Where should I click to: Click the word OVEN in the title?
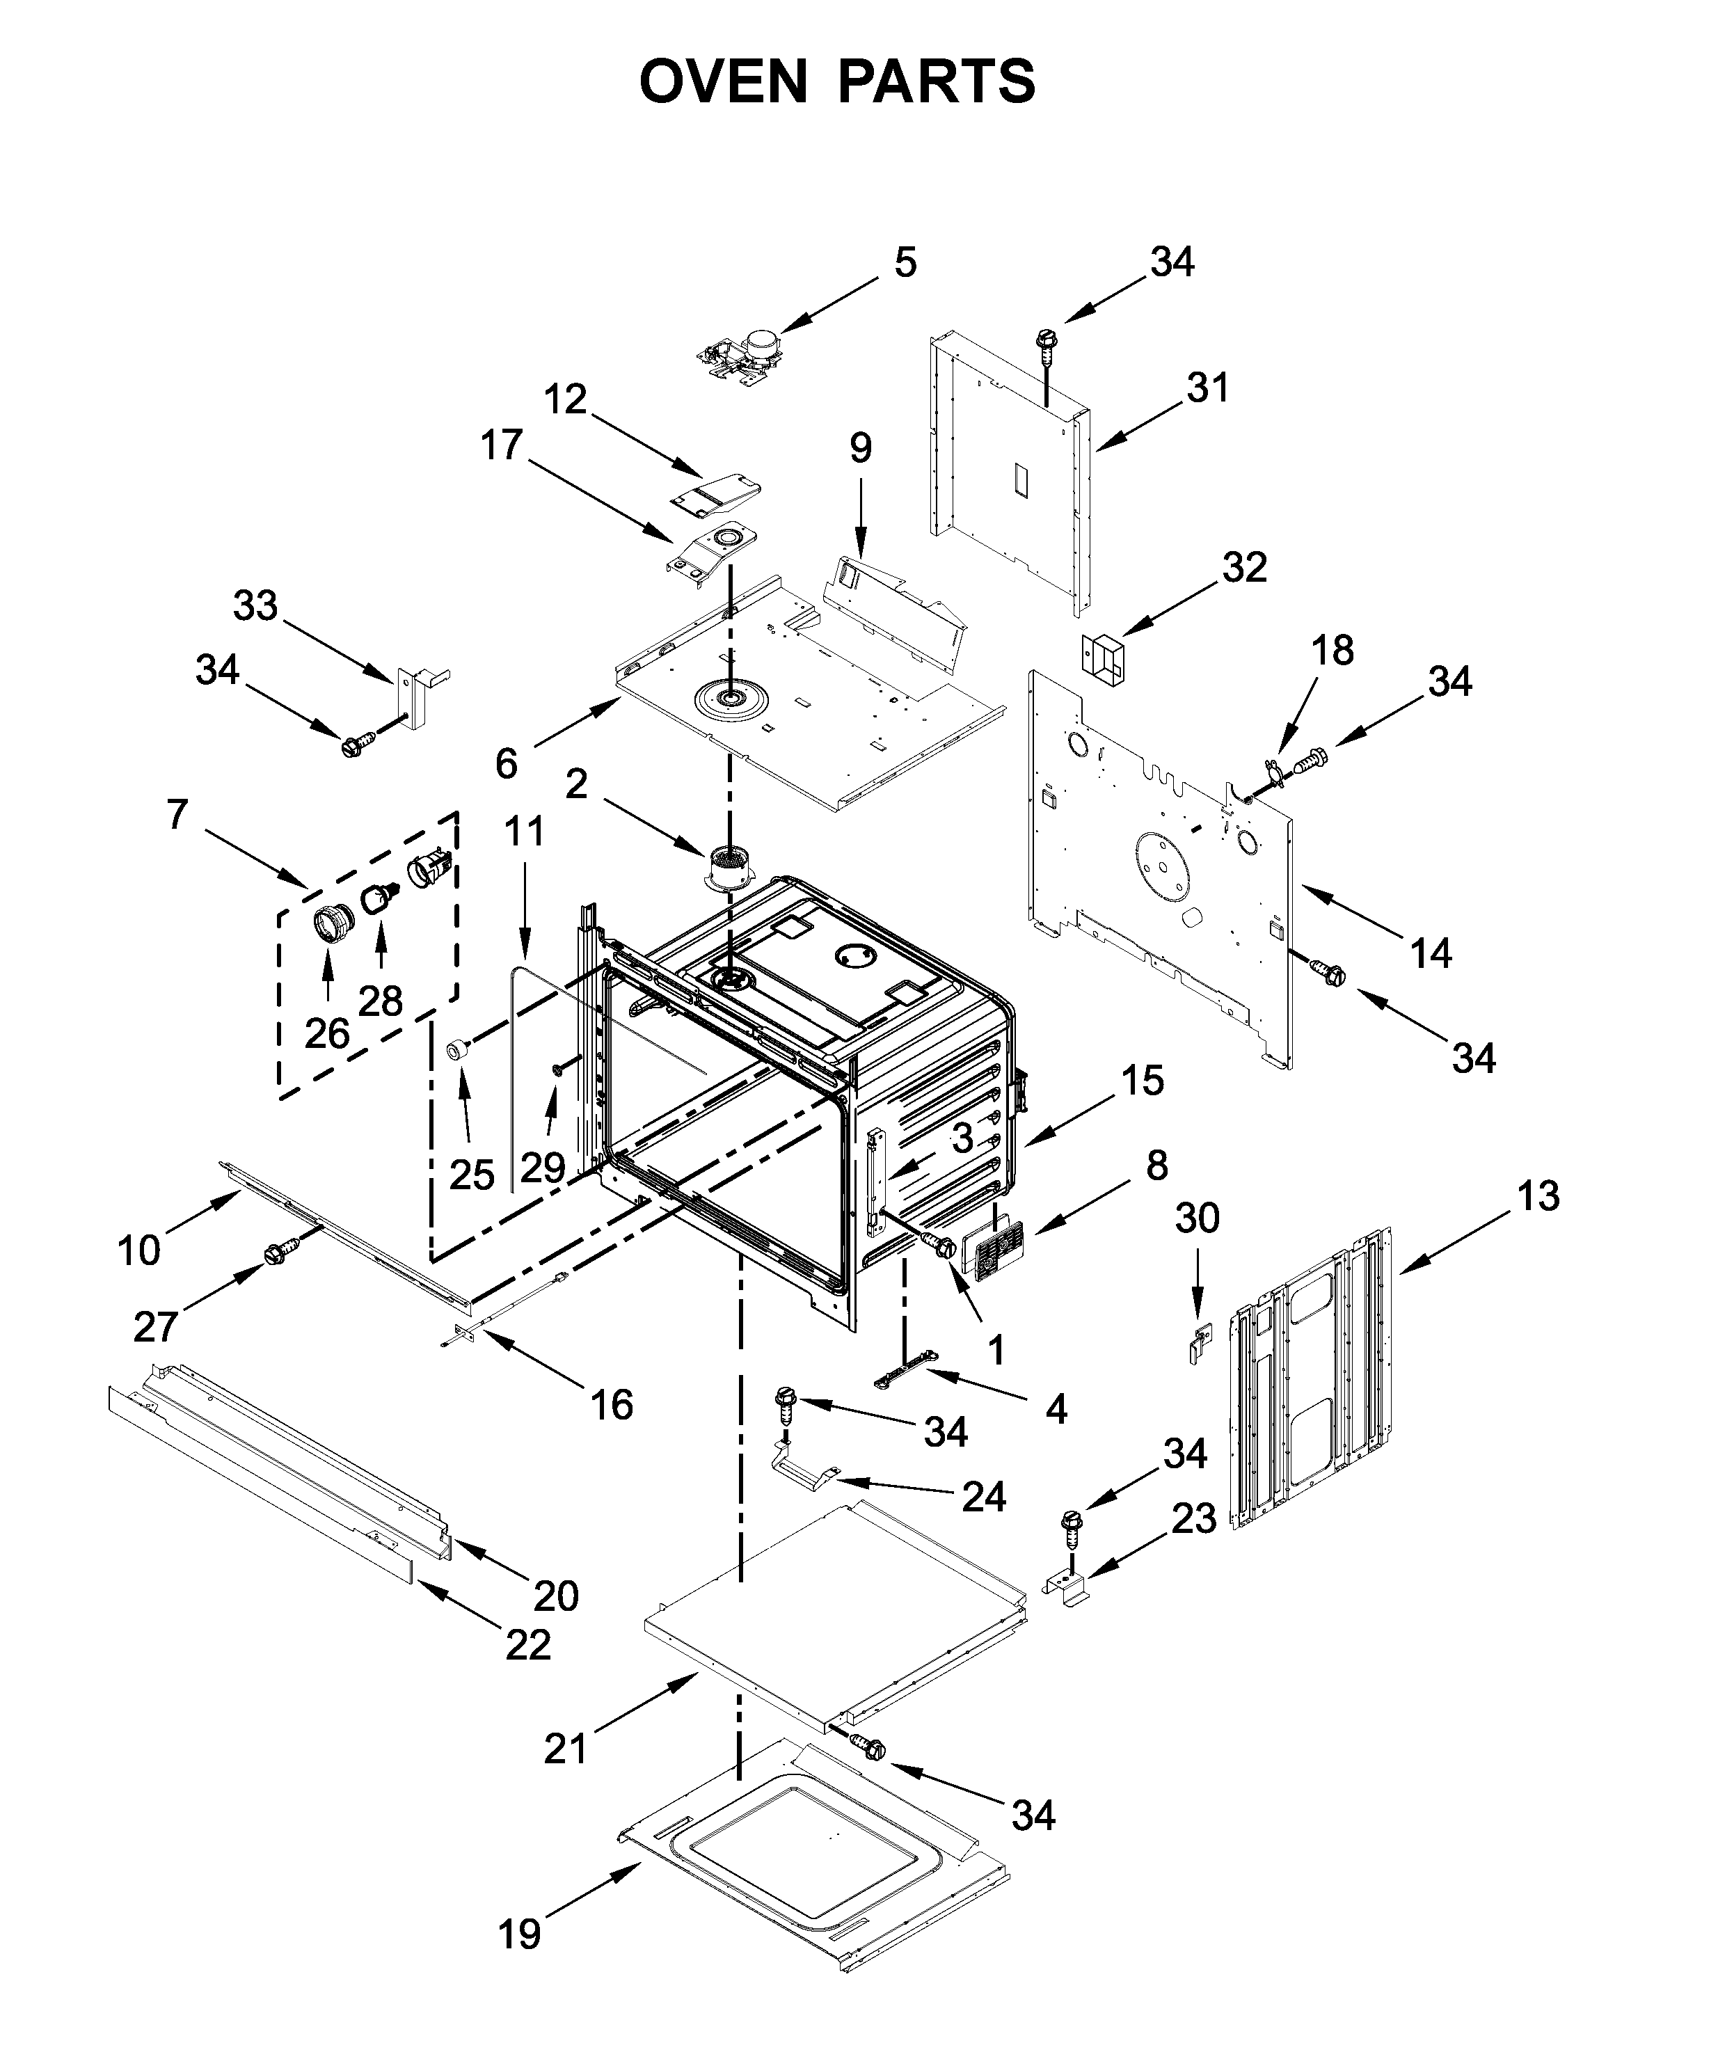pos(723,81)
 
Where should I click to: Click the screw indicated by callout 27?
pos(278,1254)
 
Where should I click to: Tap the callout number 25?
pos(472,1175)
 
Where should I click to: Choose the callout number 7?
pos(177,814)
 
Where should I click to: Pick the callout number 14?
pos(1430,953)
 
